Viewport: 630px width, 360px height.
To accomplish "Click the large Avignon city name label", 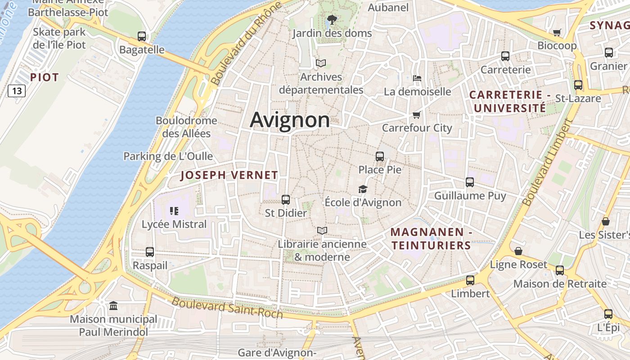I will (290, 120).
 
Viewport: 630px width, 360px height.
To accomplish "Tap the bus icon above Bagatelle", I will (142, 36).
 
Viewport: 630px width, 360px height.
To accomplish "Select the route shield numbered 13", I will (17, 91).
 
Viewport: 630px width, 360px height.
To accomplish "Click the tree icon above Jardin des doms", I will (332, 19).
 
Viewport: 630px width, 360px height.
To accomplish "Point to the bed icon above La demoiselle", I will (417, 78).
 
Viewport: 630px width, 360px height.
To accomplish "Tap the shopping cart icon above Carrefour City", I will (417, 115).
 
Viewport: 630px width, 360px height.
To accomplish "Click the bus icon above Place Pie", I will (380, 157).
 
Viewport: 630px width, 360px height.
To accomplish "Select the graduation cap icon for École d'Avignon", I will (363, 189).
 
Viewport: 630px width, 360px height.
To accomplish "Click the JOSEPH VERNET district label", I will (229, 175).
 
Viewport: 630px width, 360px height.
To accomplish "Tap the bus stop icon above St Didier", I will (285, 199).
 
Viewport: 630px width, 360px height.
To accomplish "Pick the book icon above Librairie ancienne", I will (322, 231).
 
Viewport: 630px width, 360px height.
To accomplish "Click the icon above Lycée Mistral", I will (174, 211).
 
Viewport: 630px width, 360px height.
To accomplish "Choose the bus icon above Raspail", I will (150, 252).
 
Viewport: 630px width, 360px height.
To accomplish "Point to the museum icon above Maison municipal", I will (113, 306).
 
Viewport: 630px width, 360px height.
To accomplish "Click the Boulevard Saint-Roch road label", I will (227, 308).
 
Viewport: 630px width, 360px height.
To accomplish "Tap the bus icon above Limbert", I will (470, 280).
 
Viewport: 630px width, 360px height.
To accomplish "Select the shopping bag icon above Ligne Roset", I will (518, 251).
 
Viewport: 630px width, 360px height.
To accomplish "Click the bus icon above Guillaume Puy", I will (470, 182).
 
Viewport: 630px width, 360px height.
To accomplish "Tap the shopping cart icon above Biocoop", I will (557, 32).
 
